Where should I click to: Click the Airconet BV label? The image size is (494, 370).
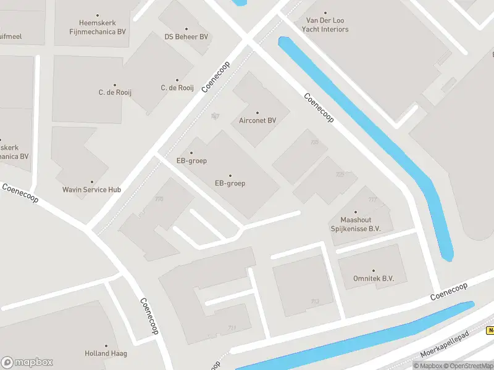(x=257, y=120)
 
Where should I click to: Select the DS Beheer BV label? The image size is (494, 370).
(x=186, y=37)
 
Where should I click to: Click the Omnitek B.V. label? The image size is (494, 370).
(x=374, y=279)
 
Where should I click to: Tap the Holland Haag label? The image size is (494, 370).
(x=106, y=353)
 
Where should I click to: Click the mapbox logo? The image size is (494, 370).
(x=27, y=363)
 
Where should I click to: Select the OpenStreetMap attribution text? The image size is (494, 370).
(x=466, y=366)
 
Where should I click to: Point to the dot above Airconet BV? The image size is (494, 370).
(x=257, y=112)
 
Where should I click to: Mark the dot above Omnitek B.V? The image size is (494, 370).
(x=374, y=270)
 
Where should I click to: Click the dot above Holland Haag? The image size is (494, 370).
(x=106, y=346)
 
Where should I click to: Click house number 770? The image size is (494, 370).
(x=159, y=199)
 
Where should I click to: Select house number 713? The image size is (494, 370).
(x=315, y=302)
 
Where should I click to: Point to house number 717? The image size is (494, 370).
(x=372, y=199)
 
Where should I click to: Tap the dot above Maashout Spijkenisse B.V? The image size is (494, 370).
(x=356, y=212)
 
